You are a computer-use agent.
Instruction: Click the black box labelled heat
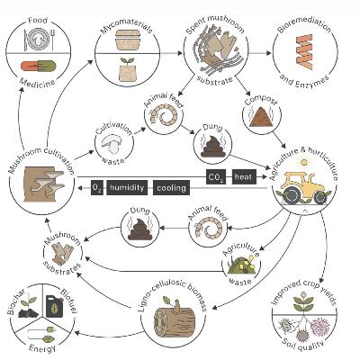click(x=244, y=176)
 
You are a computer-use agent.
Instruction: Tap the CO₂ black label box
click(x=216, y=176)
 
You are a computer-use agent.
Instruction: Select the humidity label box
click(x=127, y=188)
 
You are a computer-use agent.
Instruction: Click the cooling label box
click(x=171, y=188)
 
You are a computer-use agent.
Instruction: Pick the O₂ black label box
click(x=97, y=188)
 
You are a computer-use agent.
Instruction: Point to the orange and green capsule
click(x=39, y=66)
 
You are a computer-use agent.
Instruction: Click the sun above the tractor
click(x=304, y=163)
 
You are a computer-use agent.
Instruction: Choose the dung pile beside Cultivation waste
click(x=212, y=145)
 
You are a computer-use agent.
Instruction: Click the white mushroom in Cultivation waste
click(x=111, y=145)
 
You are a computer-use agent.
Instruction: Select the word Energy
click(x=42, y=349)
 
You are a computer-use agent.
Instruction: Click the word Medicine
click(x=38, y=82)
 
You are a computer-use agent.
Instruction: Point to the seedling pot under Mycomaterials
click(x=125, y=70)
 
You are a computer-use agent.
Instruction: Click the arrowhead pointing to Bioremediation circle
click(x=268, y=53)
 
